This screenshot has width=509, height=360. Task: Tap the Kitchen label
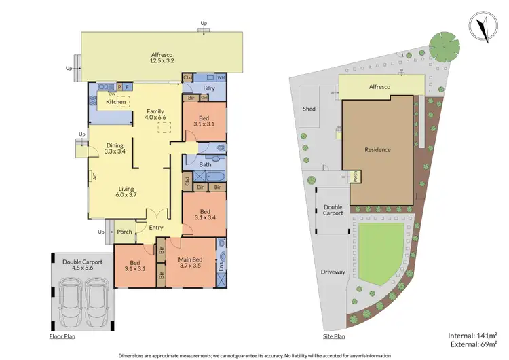(115, 101)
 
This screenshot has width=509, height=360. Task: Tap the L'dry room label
(209, 90)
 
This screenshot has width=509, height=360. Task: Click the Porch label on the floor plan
(124, 232)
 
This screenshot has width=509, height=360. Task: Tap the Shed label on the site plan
(309, 109)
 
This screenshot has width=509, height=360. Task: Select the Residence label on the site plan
(377, 149)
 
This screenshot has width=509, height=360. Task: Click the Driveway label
(333, 272)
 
